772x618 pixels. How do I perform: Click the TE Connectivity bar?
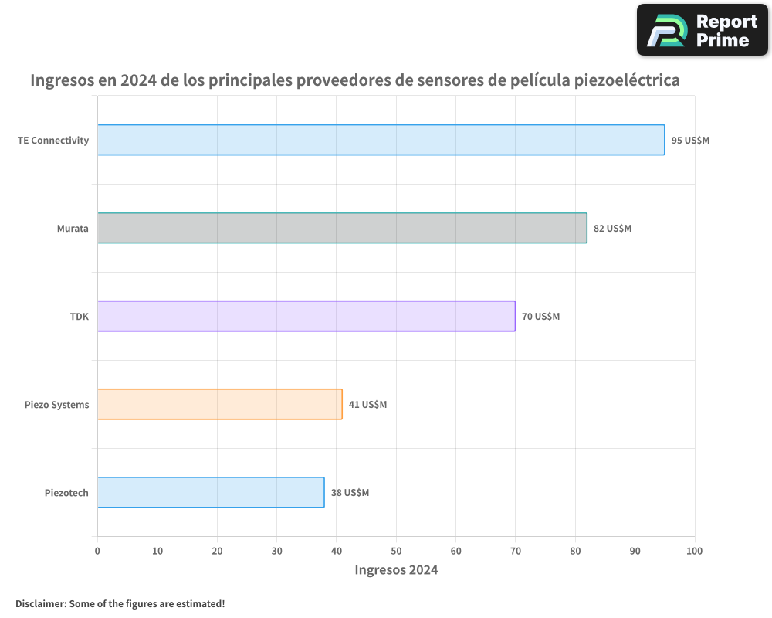click(x=381, y=140)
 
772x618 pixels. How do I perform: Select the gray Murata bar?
click(x=342, y=228)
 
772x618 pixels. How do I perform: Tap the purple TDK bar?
click(x=306, y=316)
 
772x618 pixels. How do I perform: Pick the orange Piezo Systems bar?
click(x=219, y=404)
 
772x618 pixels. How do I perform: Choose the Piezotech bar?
click(x=211, y=492)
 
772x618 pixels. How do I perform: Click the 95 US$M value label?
click(x=690, y=141)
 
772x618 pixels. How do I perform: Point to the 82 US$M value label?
click(x=612, y=229)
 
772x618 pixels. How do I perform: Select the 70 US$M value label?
click(x=540, y=317)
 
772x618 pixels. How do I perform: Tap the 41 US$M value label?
click(x=367, y=405)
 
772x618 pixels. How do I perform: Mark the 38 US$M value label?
click(x=350, y=493)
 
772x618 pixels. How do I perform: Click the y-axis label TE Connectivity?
click(x=53, y=141)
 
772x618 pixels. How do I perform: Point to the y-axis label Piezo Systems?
click(x=56, y=405)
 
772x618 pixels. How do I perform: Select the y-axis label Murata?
click(x=73, y=229)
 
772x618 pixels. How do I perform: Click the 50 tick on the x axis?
click(x=396, y=551)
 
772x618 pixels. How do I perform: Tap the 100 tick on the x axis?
click(x=695, y=551)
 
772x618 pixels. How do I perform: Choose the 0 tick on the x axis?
click(x=97, y=551)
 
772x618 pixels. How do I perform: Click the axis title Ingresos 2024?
click(x=396, y=570)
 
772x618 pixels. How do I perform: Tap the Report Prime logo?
click(x=703, y=30)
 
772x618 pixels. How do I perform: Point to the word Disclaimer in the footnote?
click(x=39, y=603)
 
